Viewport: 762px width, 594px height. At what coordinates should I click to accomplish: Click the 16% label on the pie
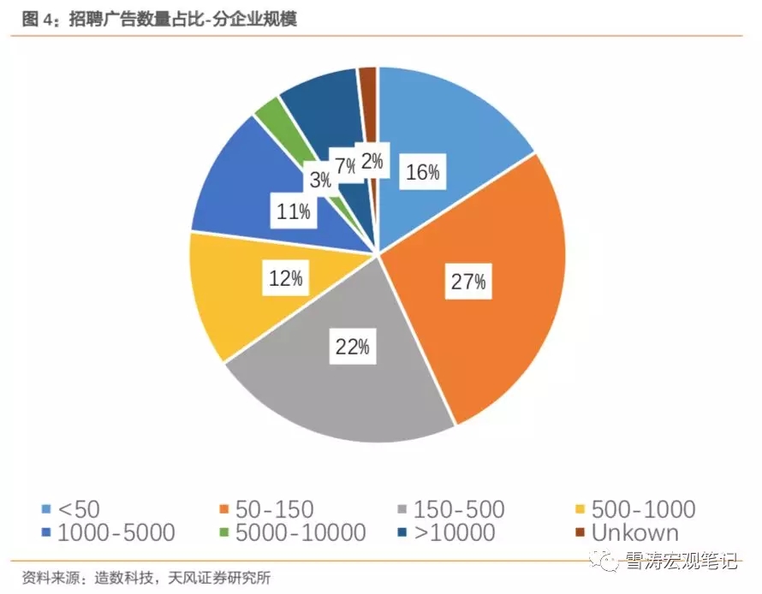422,173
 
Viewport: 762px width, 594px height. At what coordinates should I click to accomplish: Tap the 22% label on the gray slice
351,347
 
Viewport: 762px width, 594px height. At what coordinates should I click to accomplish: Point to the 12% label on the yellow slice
285,278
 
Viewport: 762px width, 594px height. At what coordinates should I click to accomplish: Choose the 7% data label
347,166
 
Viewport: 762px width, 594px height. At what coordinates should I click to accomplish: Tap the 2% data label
372,161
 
